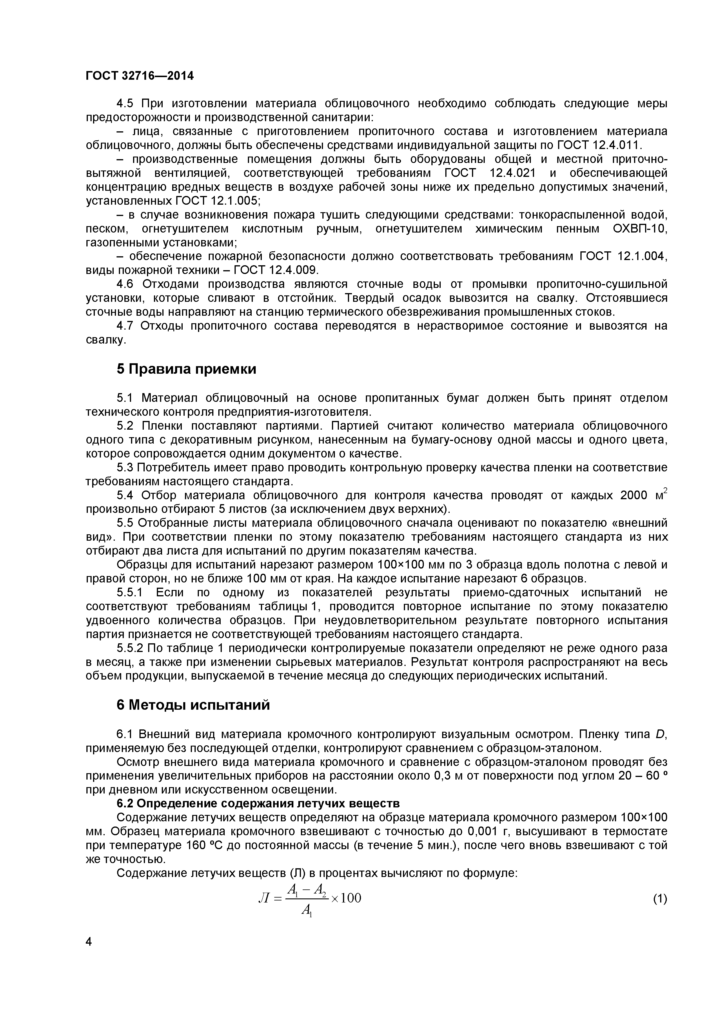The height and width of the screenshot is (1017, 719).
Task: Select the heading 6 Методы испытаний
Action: [193, 705]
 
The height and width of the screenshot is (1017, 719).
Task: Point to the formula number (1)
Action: [660, 899]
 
